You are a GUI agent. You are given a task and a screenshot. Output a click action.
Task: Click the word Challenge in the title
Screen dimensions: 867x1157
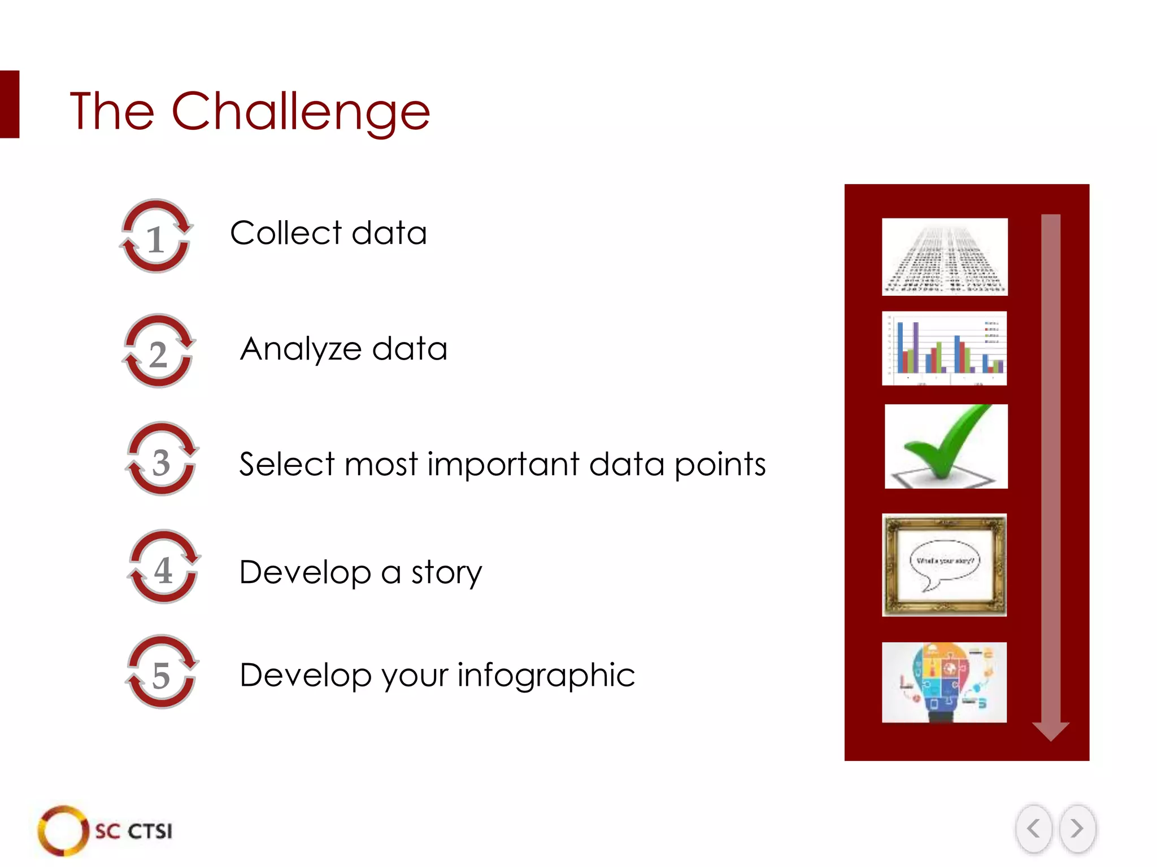tap(301, 111)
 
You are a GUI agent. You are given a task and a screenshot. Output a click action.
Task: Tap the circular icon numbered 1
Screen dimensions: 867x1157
tap(156, 237)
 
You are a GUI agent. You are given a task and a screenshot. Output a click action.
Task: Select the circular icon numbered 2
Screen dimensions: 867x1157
tap(159, 352)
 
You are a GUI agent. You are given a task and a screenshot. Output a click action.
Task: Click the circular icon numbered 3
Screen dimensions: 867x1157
tap(162, 459)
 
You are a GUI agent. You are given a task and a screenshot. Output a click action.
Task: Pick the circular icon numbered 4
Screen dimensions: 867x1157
tap(164, 567)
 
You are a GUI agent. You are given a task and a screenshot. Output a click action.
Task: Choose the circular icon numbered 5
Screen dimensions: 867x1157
tap(162, 672)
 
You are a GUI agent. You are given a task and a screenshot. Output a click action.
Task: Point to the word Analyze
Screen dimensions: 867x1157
tap(301, 349)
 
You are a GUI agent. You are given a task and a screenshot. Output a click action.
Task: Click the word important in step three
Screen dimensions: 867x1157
tap(503, 464)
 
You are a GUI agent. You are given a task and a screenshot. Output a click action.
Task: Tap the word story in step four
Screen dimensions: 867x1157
tap(446, 572)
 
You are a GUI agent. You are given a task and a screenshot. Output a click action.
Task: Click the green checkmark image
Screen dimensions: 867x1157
tap(946, 446)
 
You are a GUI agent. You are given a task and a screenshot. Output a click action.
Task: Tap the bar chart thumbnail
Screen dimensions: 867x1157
tap(944, 348)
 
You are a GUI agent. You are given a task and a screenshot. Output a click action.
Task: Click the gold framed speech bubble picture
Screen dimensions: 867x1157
tap(944, 564)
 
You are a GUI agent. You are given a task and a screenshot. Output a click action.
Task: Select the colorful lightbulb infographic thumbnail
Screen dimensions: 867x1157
tap(944, 682)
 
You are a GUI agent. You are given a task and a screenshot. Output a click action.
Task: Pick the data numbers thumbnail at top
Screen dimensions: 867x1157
tap(945, 257)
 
